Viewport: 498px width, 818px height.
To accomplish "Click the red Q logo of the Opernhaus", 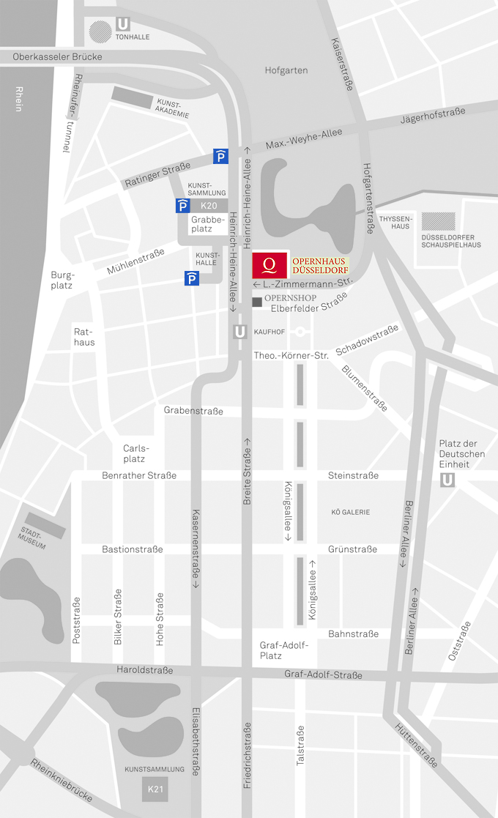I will (269, 265).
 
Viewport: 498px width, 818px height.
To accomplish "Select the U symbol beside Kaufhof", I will (239, 332).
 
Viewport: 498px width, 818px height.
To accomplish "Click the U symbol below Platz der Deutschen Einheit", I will (447, 480).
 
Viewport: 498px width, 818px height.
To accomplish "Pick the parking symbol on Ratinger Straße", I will (220, 155).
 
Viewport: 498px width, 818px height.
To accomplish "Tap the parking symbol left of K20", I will (183, 206).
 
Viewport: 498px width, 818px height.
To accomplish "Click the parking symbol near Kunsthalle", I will (191, 278).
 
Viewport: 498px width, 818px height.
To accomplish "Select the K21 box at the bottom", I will (155, 789).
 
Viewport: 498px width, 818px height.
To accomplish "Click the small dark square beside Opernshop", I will (256, 302).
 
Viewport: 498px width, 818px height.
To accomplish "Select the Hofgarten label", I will (286, 70).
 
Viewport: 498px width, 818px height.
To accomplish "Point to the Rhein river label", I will (18, 98).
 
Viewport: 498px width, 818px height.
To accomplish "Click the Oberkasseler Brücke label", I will (57, 56).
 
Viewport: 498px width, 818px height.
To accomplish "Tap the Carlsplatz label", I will (134, 453).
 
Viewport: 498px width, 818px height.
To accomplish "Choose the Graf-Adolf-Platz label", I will (284, 650).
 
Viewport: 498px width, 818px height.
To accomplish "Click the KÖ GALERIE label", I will (351, 512).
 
